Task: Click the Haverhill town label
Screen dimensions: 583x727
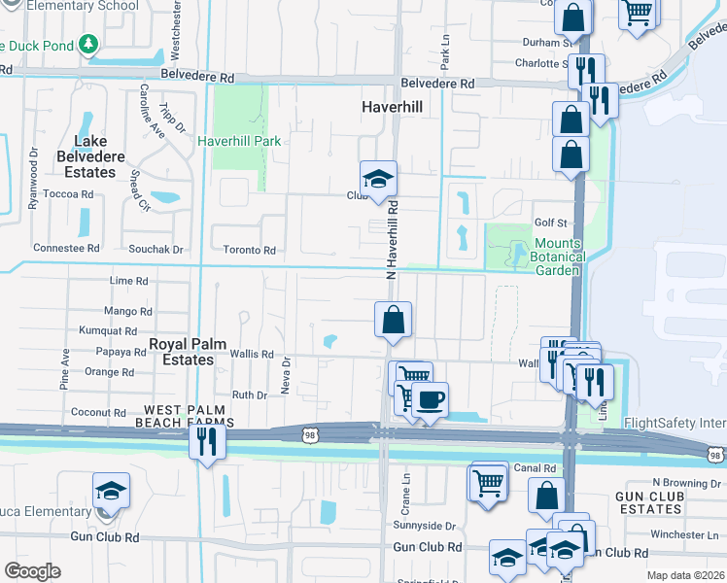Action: (x=392, y=106)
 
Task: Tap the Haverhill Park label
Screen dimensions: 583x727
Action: (x=239, y=141)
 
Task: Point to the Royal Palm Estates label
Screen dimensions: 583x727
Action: (x=181, y=352)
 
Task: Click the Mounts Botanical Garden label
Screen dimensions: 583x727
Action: (x=557, y=256)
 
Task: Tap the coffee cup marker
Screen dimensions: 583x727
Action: (x=429, y=399)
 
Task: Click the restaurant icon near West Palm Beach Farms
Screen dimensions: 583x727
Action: (x=207, y=441)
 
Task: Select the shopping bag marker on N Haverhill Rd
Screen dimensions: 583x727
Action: (x=393, y=320)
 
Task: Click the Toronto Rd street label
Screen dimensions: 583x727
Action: (x=250, y=250)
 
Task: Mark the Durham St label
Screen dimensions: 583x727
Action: (x=544, y=43)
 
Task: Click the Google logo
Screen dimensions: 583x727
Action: (x=32, y=570)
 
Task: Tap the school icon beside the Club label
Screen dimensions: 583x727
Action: (x=377, y=179)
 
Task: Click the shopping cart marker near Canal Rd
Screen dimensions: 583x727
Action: (x=489, y=480)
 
